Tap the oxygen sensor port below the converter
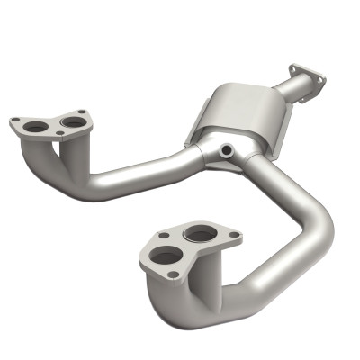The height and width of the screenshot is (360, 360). click(x=228, y=148)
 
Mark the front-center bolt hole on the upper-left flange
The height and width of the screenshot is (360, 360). click(x=59, y=134)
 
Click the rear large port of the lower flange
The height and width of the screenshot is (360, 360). click(x=200, y=235)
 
